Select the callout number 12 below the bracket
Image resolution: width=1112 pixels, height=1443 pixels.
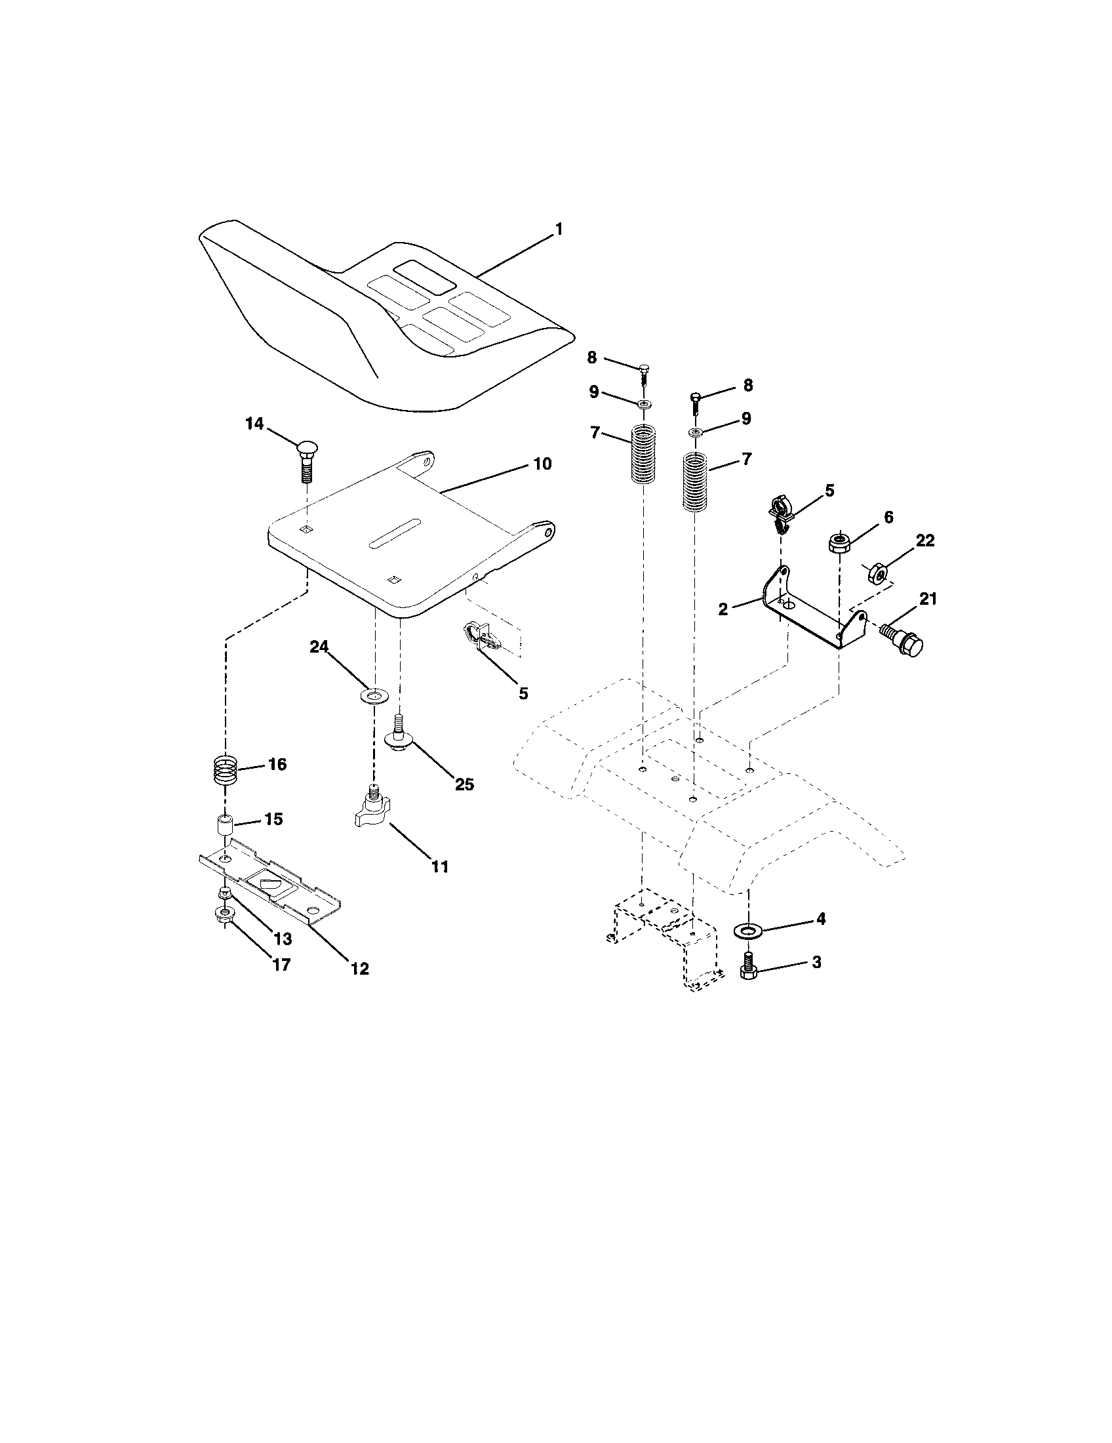[x=359, y=969]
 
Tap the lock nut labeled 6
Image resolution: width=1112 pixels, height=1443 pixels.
[x=839, y=543]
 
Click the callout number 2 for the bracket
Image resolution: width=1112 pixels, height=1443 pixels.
[x=723, y=609]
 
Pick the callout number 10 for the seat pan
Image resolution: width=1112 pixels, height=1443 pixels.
[x=542, y=464]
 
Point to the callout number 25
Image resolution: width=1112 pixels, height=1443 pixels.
[x=464, y=784]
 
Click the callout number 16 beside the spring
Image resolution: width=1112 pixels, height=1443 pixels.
[x=277, y=764]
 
